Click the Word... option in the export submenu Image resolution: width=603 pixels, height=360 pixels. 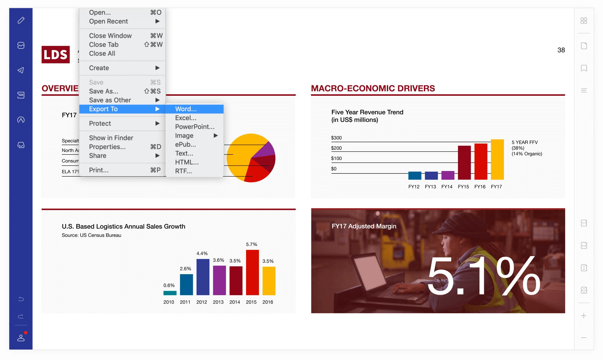tap(186, 109)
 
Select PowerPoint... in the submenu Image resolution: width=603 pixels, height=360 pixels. tap(194, 127)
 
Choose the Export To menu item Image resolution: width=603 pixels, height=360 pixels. tap(103, 109)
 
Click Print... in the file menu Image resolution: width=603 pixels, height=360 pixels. tap(99, 170)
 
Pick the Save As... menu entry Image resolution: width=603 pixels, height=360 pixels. tap(104, 91)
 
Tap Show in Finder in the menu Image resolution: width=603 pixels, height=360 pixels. tap(111, 138)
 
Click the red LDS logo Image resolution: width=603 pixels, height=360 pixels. tap(56, 54)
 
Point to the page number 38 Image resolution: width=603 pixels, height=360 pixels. tap(561, 50)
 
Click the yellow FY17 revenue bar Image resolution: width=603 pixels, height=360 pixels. tap(497, 159)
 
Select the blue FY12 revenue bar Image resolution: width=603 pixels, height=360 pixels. tap(414, 175)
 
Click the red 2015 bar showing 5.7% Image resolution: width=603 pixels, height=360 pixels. tap(252, 272)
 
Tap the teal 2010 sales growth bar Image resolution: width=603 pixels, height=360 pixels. tap(170, 293)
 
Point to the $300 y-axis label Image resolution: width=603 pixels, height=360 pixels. tap(336, 138)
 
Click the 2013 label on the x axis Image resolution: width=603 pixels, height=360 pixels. tap(218, 302)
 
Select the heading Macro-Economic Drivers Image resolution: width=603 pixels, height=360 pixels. tap(373, 88)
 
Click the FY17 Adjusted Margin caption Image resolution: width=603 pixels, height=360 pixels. tap(364, 226)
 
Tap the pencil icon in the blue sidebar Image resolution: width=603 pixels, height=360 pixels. tap(21, 20)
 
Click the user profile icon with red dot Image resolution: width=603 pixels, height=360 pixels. tap(21, 338)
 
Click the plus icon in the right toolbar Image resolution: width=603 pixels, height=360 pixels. tap(584, 316)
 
